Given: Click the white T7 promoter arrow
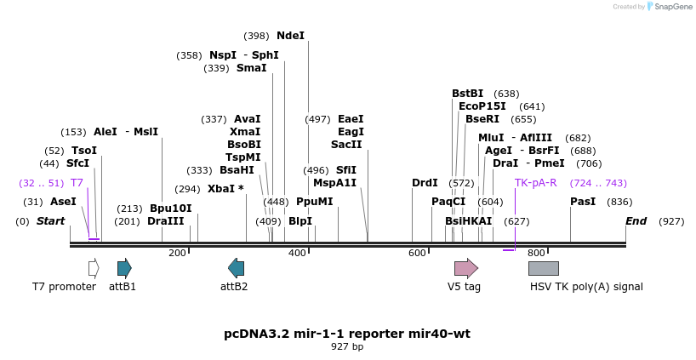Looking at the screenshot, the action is pyautogui.click(x=94, y=269).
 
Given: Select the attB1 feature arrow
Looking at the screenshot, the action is pyautogui.click(x=125, y=269).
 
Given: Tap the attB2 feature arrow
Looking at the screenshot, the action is pyautogui.click(x=237, y=269).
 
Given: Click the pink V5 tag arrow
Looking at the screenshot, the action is pyautogui.click(x=466, y=269).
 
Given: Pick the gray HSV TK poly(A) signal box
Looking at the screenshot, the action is pyautogui.click(x=544, y=269).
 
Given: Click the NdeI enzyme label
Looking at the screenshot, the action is pyautogui.click(x=291, y=36).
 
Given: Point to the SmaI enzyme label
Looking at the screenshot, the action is pyautogui.click(x=252, y=68).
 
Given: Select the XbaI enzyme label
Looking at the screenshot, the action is pyautogui.click(x=221, y=189).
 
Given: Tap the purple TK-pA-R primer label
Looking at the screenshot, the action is pyautogui.click(x=536, y=183).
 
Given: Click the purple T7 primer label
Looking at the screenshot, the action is pyautogui.click(x=77, y=183).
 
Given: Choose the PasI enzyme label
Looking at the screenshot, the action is pyautogui.click(x=583, y=202).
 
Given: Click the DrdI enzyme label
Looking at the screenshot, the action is pyautogui.click(x=425, y=183).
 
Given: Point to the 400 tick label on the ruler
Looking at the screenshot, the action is pyautogui.click(x=297, y=253).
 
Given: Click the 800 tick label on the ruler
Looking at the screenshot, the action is pyautogui.click(x=536, y=253).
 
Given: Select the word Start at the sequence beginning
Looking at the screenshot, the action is pyautogui.click(x=50, y=221).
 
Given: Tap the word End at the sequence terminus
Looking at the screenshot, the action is pyautogui.click(x=636, y=221).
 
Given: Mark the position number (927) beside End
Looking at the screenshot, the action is pyautogui.click(x=671, y=221).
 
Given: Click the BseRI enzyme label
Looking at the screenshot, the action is pyautogui.click(x=482, y=119).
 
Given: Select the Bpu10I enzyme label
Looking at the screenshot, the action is pyautogui.click(x=171, y=209).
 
